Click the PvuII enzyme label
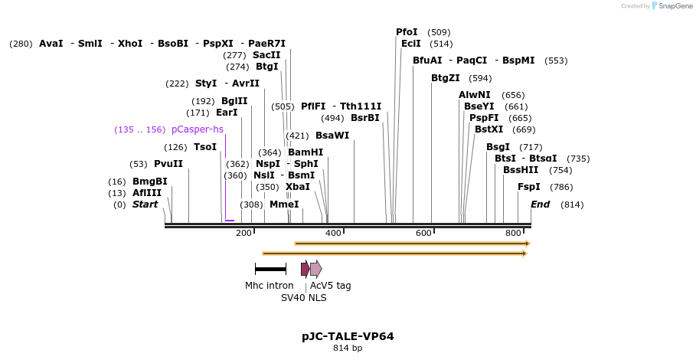(168, 164)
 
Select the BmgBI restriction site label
(149, 182)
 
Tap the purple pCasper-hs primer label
(198, 129)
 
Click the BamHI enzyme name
(306, 152)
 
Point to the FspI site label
(529, 187)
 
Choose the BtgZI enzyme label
(446, 78)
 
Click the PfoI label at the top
(407, 32)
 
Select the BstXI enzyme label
(489, 129)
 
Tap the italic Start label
(145, 205)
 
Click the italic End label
(541, 205)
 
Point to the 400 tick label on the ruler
(333, 233)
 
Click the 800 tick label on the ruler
(513, 233)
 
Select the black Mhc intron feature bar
(270, 269)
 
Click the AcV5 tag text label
(331, 286)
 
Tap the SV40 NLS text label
(304, 298)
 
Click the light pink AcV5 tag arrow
(315, 269)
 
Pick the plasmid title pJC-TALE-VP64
(348, 336)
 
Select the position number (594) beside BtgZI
(480, 78)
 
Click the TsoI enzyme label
(205, 147)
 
